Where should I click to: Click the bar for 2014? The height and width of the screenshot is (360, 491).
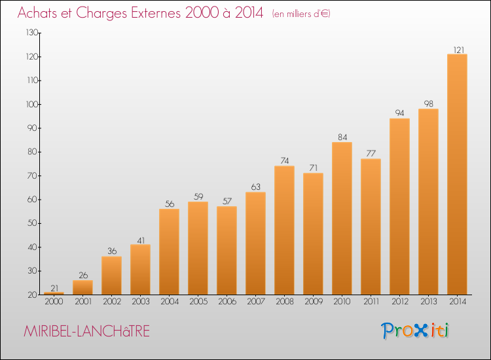click(x=457, y=174)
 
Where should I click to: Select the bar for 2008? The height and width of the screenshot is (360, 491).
click(x=284, y=230)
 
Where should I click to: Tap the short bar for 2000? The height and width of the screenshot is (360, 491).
click(x=54, y=293)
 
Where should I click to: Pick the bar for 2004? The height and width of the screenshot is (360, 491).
click(x=169, y=252)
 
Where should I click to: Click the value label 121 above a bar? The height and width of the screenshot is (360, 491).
click(x=459, y=50)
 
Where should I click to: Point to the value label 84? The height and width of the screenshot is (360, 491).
click(x=342, y=137)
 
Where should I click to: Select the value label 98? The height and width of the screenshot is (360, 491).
click(x=429, y=103)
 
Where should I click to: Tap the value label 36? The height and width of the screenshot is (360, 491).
click(x=112, y=251)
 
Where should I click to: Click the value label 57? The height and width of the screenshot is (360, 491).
click(x=227, y=201)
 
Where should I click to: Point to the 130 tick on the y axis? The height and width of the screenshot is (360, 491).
click(x=32, y=33)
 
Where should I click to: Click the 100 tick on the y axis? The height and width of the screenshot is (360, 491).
click(x=32, y=104)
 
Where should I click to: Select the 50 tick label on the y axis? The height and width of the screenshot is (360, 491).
click(x=33, y=223)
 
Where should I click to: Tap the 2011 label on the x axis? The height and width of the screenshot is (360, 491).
click(x=371, y=302)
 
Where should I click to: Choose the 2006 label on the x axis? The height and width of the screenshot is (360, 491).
click(x=227, y=302)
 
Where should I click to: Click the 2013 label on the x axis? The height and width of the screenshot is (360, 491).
click(x=429, y=302)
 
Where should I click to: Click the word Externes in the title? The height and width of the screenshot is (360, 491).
click(x=156, y=13)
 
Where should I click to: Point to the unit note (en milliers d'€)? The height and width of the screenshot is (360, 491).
click(x=301, y=14)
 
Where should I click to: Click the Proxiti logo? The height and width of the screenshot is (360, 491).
click(x=415, y=331)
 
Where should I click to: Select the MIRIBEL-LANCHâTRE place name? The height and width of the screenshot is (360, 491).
click(x=86, y=331)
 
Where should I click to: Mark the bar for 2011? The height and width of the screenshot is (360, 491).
click(x=371, y=226)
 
